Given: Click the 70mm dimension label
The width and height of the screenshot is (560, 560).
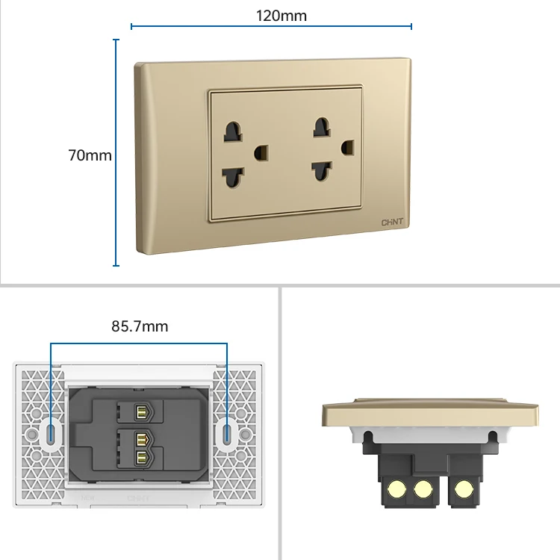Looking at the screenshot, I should pos(90,155).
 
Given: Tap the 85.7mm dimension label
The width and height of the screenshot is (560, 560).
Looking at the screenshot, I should pos(140,326).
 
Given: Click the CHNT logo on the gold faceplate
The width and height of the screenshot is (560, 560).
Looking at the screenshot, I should pos(392,223).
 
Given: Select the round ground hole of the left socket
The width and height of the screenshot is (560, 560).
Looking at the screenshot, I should pos(261,153).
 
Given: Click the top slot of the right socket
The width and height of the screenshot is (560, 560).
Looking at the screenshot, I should pos(321,127).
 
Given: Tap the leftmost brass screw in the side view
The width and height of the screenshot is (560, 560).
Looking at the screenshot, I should pos(396,489).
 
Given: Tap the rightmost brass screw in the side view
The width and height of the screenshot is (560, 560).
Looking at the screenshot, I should pos(463,489).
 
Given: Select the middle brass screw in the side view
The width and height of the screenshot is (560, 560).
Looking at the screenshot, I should pos(423,489).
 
